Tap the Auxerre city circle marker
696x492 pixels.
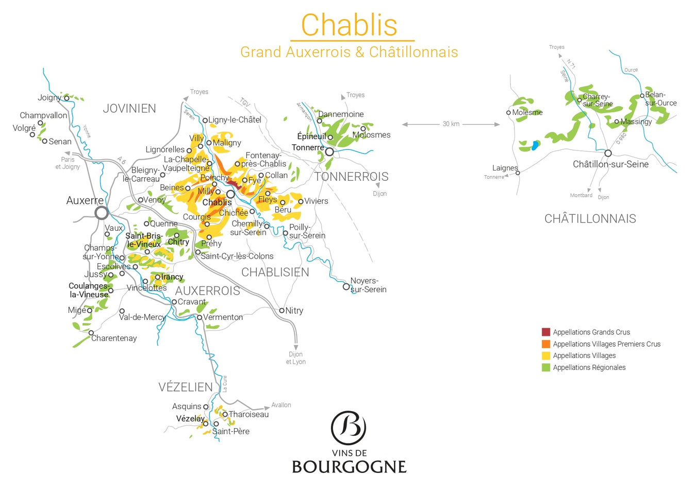pos(102,212)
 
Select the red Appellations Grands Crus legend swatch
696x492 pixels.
pos(546,332)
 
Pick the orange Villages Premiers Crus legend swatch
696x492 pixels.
pos(546,344)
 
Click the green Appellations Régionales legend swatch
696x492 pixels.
pos(546,367)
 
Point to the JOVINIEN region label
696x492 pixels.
pos(129,109)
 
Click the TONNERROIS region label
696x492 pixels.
pos(351,177)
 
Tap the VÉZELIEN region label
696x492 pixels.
pos(186,387)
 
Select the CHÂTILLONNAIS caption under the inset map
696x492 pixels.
pos(590,218)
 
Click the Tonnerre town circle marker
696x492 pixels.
pos(329,152)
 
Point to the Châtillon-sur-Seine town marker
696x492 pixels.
pos(608,153)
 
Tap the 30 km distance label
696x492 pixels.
pos(451,124)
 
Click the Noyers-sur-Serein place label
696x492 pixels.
pos(368,285)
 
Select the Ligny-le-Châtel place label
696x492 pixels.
pos(235,120)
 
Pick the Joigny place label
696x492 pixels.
pos(49,97)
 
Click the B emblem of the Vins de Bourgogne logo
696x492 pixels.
pos(349,428)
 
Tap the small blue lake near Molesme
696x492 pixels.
pos(535,145)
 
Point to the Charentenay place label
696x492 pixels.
pos(114,338)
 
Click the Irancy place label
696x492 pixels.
pos(172,277)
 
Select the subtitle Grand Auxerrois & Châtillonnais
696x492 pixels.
pos(349,52)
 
